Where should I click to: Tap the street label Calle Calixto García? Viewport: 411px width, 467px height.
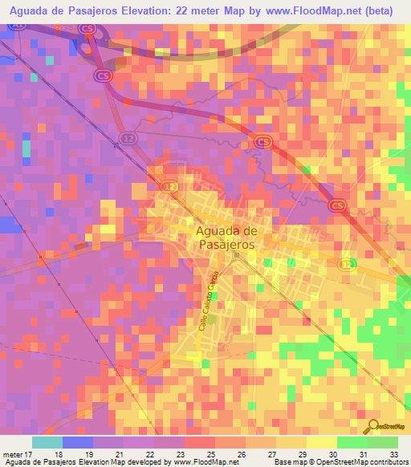(214, 291)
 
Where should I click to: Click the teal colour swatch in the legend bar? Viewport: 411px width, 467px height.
(47, 443)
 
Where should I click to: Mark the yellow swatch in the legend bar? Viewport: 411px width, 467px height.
(322, 443)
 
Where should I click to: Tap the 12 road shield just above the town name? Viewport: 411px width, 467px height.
(168, 186)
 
